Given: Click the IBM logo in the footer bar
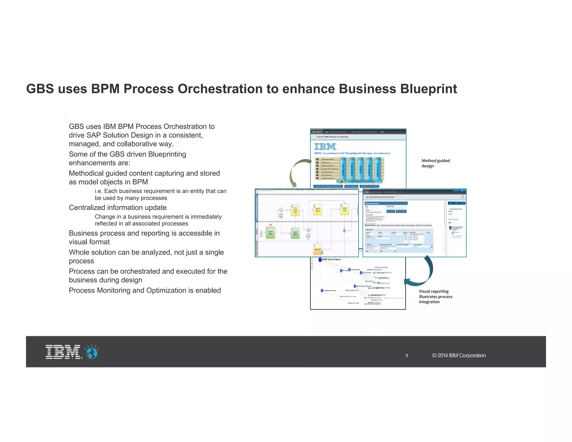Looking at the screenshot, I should click(x=63, y=352).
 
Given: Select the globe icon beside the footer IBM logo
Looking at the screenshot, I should click(x=92, y=352).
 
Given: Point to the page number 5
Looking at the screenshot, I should click(x=407, y=356).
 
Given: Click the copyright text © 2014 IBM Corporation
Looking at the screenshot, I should click(x=459, y=355).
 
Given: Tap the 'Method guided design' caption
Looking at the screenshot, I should click(x=435, y=163).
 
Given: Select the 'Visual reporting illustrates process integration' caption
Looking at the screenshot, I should click(x=435, y=296).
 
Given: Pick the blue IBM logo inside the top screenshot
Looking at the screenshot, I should click(x=325, y=147).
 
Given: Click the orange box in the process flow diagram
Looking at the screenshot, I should click(x=318, y=249).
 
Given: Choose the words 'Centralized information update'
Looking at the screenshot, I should click(x=118, y=208).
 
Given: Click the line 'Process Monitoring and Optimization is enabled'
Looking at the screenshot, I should click(x=145, y=291).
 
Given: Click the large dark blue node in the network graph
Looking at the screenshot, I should click(x=320, y=260).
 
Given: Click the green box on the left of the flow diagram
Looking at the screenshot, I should click(x=270, y=233).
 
